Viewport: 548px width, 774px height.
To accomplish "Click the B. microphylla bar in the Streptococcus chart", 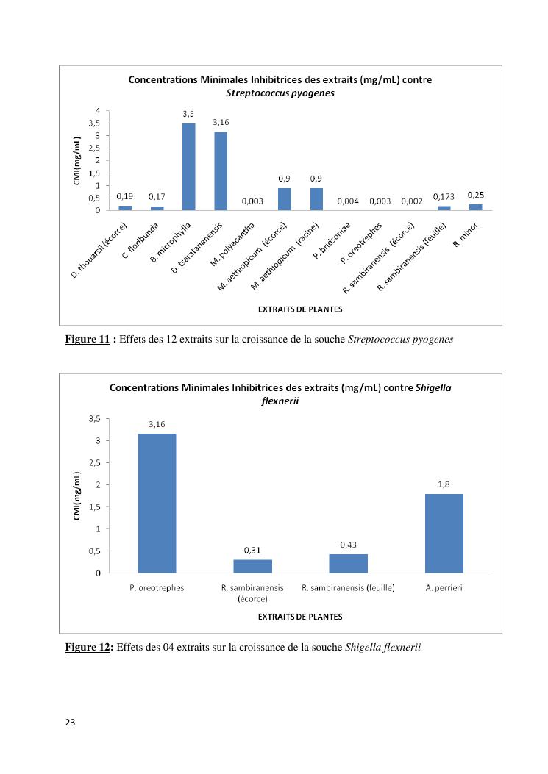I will point(189,167).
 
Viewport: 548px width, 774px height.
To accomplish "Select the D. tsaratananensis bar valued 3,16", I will point(221,171).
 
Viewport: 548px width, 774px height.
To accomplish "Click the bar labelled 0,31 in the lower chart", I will point(252,566).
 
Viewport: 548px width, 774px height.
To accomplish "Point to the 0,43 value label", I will point(348,544).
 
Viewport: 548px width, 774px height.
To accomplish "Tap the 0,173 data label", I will point(444,198).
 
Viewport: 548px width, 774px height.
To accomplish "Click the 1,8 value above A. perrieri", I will point(444,484).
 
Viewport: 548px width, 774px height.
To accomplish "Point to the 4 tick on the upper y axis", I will point(99,111).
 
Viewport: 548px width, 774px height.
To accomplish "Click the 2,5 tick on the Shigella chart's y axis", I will point(94,463).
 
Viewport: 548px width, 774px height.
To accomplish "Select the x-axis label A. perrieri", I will point(444,587).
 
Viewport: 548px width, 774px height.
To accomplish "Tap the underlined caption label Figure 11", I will point(87,340).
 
